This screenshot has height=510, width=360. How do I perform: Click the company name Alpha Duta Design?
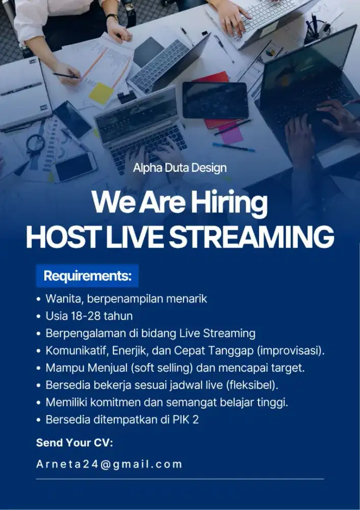click(179, 167)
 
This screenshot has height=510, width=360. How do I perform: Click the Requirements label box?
click(87, 276)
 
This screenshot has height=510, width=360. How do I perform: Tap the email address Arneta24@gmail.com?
click(109, 464)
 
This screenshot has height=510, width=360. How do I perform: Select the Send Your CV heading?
click(74, 443)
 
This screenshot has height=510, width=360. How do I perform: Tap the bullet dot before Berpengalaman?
click(39, 334)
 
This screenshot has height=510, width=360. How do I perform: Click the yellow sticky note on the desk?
click(101, 94)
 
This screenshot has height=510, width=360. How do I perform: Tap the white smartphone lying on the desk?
click(75, 167)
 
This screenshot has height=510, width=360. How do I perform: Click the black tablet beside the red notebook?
click(215, 100)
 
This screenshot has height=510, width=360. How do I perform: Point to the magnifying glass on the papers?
click(35, 144)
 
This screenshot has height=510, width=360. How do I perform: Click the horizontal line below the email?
click(179, 479)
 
